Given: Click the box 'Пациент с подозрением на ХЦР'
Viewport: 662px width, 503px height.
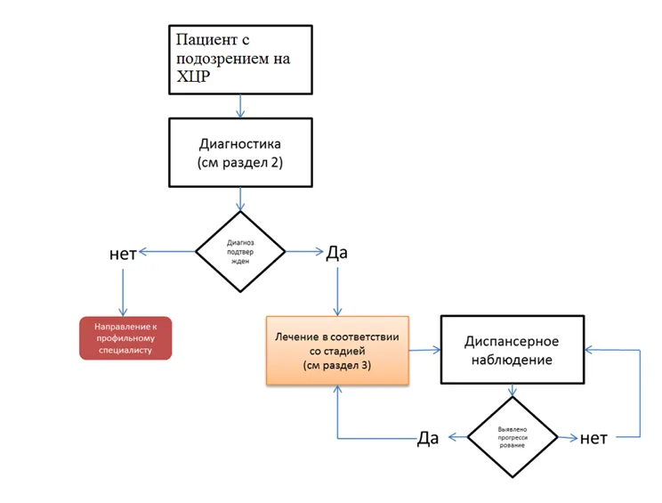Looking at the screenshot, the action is pos(240,60).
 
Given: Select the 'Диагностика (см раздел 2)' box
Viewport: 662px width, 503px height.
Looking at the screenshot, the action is pos(240,152).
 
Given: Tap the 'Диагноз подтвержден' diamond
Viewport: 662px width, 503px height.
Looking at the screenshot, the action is pos(240,252).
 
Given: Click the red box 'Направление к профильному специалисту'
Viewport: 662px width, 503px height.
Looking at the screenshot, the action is pos(125,338).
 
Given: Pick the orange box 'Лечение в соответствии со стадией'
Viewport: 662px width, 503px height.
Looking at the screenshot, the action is pos(337,351).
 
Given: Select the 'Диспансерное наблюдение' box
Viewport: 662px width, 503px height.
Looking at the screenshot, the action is pos(513,350).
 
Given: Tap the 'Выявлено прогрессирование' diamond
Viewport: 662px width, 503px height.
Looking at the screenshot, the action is pos(513,437).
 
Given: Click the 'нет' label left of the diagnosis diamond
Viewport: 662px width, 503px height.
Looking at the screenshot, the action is pos(123,254).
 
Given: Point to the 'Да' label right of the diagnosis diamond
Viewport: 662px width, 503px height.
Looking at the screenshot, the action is pos(336,253).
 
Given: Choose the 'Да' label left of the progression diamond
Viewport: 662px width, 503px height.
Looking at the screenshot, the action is pos(428,438).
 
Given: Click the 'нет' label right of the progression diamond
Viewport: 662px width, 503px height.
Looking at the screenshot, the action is pos(593,438).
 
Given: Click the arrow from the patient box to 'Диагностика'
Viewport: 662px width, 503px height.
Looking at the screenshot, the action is pos(240,106).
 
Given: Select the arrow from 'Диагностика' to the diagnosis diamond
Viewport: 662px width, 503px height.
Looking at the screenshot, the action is pos(240,199).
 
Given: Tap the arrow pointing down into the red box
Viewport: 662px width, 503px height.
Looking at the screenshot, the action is pos(123,293).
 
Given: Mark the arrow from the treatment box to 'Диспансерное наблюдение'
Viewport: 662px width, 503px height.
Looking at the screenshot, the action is pos(424,350).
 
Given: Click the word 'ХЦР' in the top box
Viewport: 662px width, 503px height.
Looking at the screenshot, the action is pos(193,77).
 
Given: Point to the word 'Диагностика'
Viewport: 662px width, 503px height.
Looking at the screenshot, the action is pos(240,144).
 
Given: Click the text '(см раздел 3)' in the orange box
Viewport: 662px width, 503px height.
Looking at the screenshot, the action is pos(337,365).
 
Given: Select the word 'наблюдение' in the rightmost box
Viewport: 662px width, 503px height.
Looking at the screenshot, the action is pos(512,360).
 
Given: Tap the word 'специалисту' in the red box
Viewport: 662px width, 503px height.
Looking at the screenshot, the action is pos(125,350).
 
